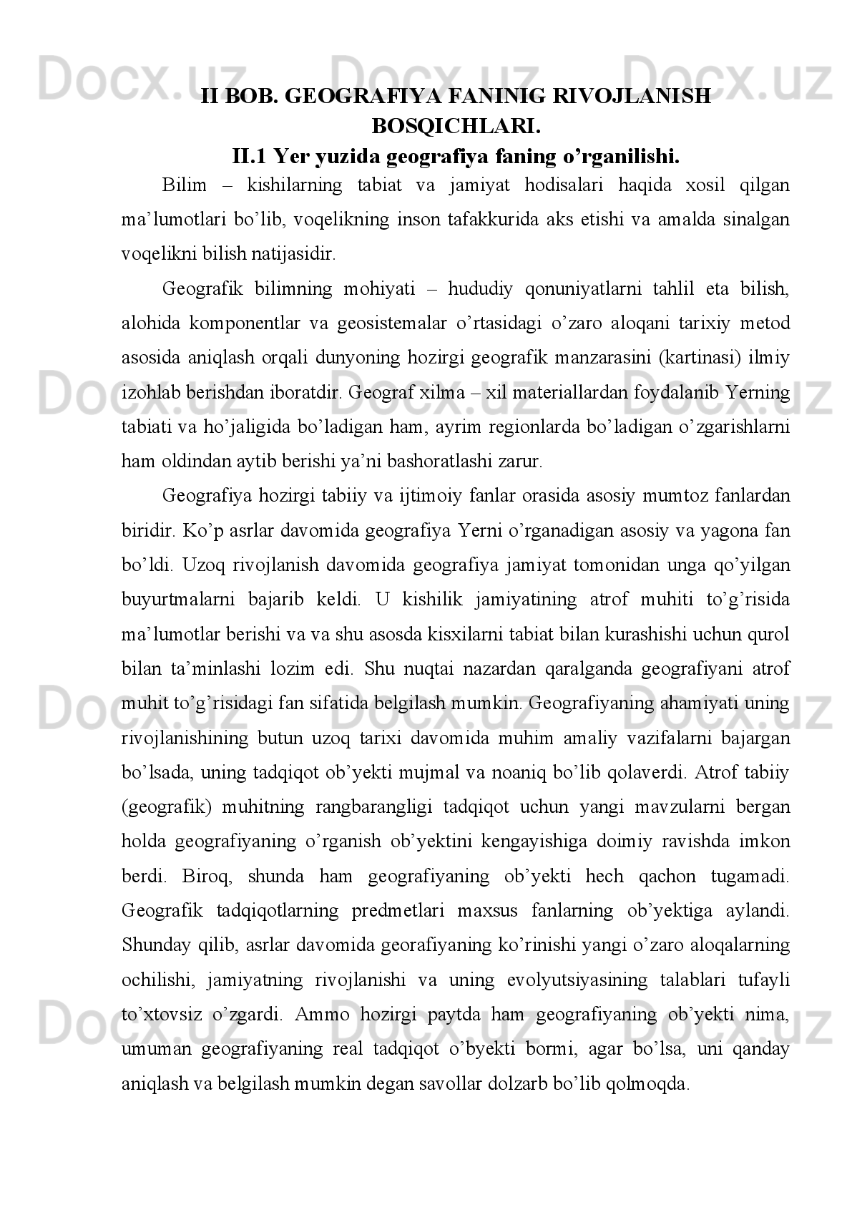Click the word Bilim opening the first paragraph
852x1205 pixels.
pos(184,185)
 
